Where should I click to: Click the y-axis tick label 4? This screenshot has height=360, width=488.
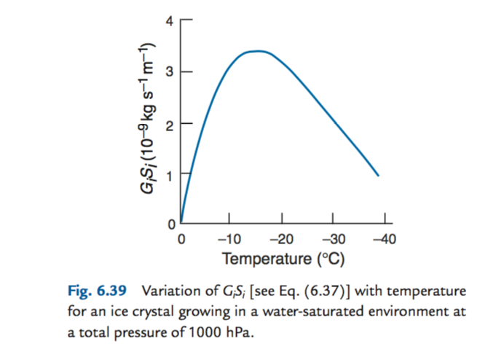tap(169, 21)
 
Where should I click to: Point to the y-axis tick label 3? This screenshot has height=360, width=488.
tap(169, 72)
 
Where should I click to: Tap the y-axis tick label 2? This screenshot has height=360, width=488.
tap(169, 124)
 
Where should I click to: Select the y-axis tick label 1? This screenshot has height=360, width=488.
tap(169, 175)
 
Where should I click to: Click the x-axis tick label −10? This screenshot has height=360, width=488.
tap(229, 239)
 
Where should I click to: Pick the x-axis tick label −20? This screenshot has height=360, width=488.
tap(280, 239)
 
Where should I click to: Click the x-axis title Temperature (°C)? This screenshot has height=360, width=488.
tap(283, 259)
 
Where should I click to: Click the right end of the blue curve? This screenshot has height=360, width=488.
tap(379, 176)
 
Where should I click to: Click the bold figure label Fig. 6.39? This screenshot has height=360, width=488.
tap(99, 292)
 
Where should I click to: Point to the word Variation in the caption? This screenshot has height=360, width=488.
tap(169, 292)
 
